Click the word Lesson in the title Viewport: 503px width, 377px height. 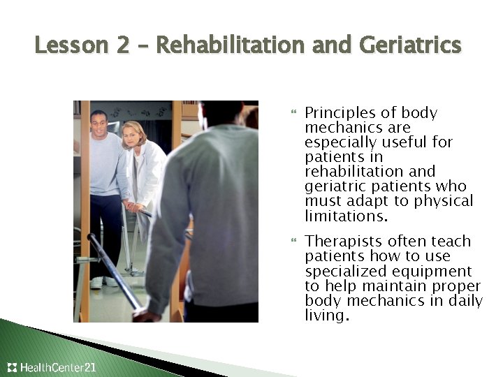pos(70,46)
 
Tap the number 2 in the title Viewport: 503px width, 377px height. pos(123,46)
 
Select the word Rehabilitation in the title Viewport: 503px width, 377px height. pos(230,46)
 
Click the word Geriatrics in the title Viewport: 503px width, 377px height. pos(410,46)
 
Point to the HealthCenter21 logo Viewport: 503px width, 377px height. pos(52,367)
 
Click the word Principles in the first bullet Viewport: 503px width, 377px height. pos(337,113)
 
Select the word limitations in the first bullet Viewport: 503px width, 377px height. pos(345,216)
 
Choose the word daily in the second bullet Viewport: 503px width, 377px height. pos(464,301)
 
